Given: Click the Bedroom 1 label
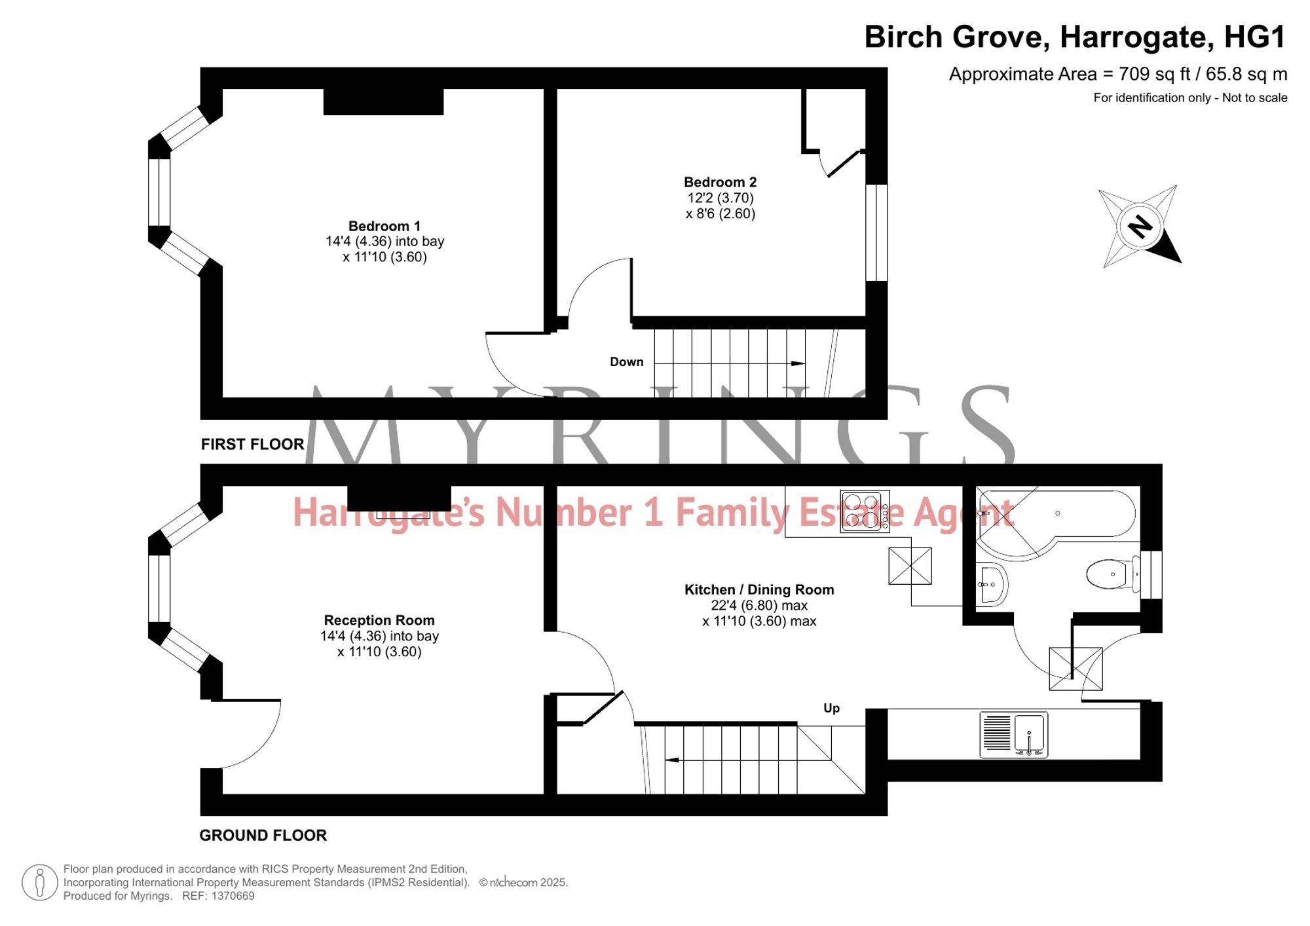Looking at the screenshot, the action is click(384, 227).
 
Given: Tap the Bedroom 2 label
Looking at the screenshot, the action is click(720, 182).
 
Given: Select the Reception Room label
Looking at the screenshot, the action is click(379, 620).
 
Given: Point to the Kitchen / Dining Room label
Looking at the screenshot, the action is click(759, 589).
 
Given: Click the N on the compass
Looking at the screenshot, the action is click(1140, 227).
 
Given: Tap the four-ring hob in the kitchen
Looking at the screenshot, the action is click(865, 511).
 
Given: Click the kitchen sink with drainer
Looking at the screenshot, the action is click(1013, 735).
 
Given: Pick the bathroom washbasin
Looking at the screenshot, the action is click(992, 584).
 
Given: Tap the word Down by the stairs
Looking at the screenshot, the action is click(627, 362).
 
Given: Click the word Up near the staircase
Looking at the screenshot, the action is click(832, 709).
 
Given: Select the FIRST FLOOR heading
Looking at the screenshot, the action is click(253, 445).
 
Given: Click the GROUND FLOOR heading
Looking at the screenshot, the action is click(263, 836).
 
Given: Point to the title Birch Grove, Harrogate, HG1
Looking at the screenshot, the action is click(1076, 37).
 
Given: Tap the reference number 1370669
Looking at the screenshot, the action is click(233, 896).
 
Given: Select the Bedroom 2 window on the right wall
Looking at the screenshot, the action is click(877, 233).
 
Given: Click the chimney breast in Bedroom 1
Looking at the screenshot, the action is click(384, 102).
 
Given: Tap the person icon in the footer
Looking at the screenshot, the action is click(40, 882).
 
